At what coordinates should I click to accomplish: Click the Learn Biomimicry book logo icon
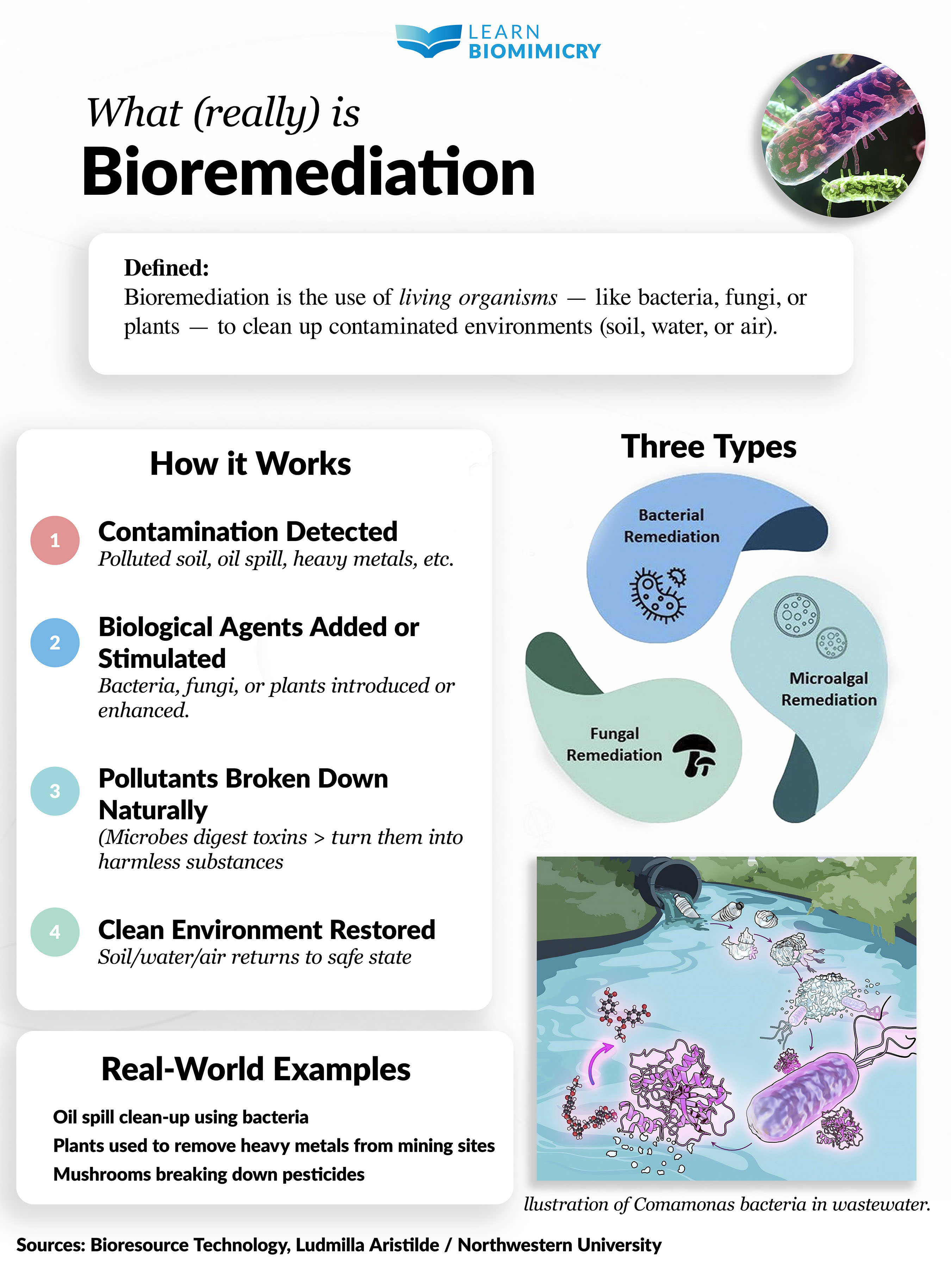(428, 41)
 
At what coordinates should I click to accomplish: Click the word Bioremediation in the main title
(309, 172)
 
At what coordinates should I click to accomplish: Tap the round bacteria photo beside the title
(843, 136)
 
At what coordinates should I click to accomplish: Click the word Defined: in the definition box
(166, 268)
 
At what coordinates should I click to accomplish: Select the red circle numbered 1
(55, 541)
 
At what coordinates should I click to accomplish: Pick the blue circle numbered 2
(55, 642)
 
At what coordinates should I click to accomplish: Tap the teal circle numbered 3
(55, 791)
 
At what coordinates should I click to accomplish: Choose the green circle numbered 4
(55, 932)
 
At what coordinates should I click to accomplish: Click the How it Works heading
(250, 464)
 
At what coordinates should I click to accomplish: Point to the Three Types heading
(709, 447)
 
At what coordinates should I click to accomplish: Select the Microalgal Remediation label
(828, 689)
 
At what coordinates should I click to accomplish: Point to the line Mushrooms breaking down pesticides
(209, 1174)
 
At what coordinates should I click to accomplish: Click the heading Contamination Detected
(248, 532)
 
